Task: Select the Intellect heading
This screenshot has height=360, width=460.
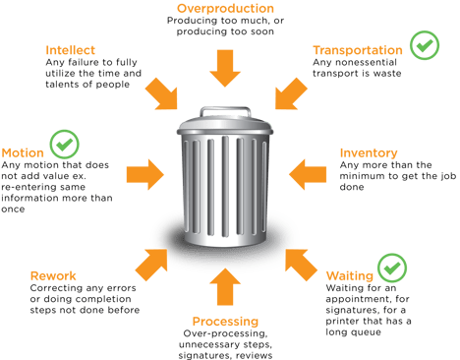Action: [x=73, y=49]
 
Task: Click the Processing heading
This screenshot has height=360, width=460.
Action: [x=225, y=322]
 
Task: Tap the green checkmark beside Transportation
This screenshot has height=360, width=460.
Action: [x=425, y=46]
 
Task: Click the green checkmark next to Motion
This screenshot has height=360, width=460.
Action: [x=66, y=145]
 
